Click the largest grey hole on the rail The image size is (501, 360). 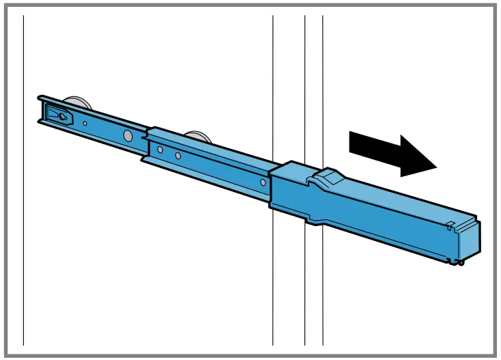coord(128,135)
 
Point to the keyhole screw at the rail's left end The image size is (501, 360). coord(62,117)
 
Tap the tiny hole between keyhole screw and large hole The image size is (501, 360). coord(85,124)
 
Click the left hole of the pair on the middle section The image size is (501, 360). coord(160,149)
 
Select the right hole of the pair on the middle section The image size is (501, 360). coord(177,156)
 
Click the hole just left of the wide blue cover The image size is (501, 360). coord(263,183)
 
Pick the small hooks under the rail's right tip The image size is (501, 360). coord(459,260)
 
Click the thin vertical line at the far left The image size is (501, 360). coord(24,205)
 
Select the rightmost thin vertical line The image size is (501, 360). coord(323,82)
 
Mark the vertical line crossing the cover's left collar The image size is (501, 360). coord(273,82)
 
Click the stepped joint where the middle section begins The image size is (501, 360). coord(146,143)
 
